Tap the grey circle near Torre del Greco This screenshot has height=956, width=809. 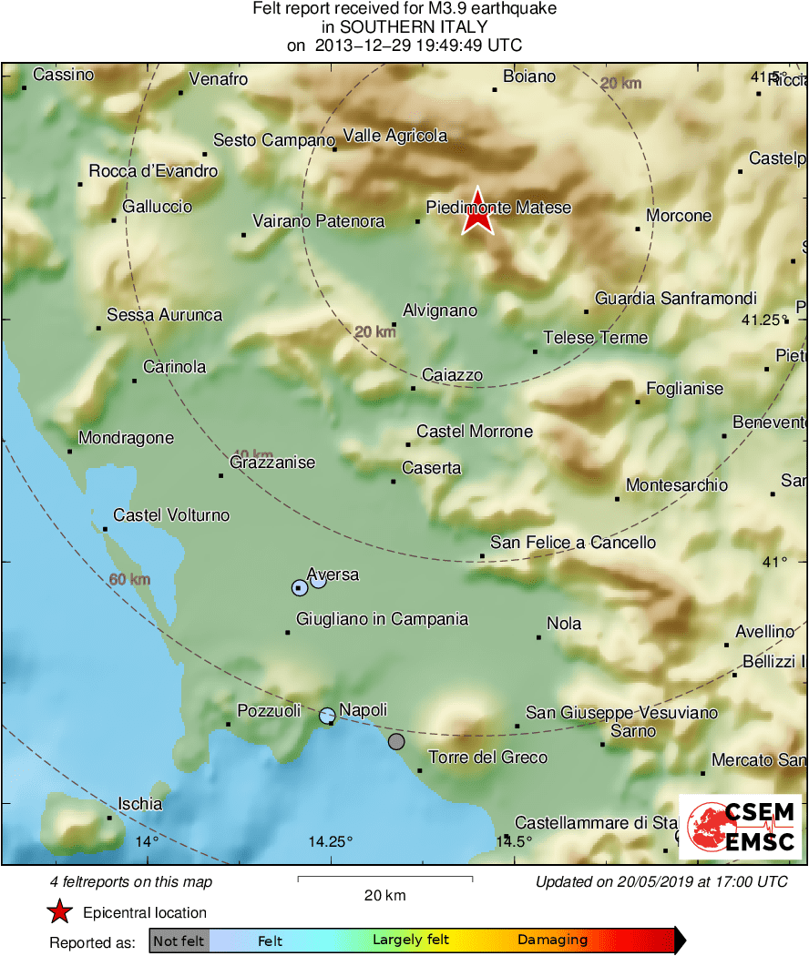point(395,742)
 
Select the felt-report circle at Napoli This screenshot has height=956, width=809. point(327,716)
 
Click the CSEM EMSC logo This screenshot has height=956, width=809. point(740,827)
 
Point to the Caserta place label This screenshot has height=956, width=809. point(432,468)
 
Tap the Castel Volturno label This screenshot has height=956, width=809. point(171,515)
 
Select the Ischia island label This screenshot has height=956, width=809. point(140,804)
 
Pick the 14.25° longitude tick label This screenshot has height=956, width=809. point(330,841)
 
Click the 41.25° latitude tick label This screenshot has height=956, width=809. point(763,320)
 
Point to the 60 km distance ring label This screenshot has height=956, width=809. point(128,580)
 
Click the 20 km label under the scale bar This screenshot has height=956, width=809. point(384,896)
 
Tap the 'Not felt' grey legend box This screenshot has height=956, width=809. point(179,941)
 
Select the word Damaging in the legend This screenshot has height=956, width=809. point(552,941)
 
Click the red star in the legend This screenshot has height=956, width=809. point(59,912)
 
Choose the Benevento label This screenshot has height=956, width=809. point(771,422)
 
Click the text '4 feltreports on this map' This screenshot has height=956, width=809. point(131,881)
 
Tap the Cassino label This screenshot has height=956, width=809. point(63,75)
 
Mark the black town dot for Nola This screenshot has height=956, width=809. point(538,637)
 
